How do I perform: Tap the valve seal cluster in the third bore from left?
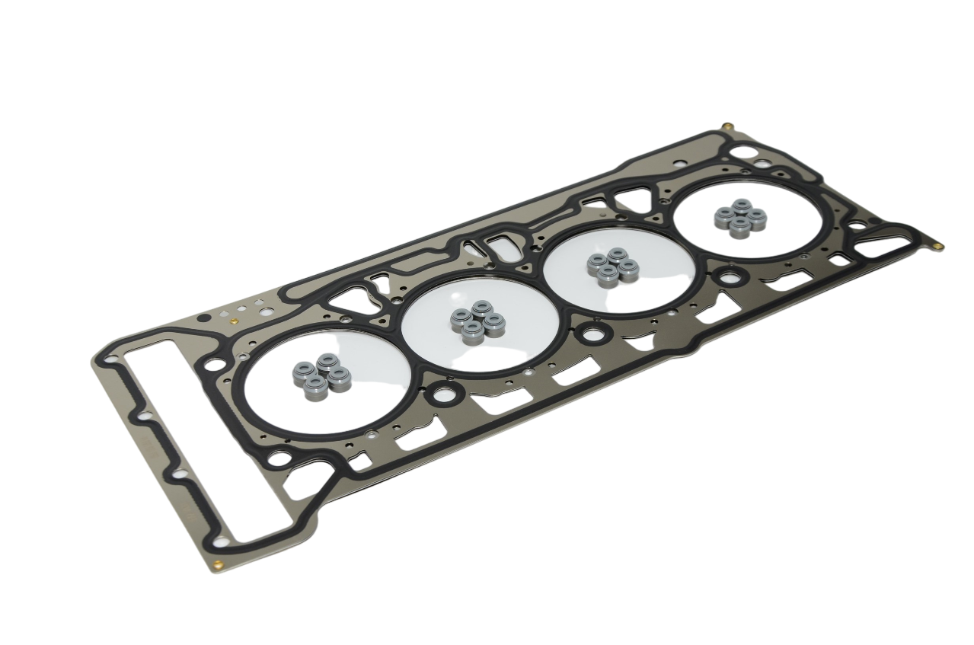[x=612, y=266]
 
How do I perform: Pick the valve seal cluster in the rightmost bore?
[x=739, y=217]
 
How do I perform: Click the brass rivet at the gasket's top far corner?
[x=727, y=126]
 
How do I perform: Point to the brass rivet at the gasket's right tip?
[x=939, y=246]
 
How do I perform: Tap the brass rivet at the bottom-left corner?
[x=219, y=565]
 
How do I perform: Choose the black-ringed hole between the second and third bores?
[x=592, y=333]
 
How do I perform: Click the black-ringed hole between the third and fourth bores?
[x=729, y=276]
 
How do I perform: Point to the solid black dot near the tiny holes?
[x=202, y=318]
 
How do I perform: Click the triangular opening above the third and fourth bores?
[x=631, y=200]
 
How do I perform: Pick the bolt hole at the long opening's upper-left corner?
[x=113, y=358]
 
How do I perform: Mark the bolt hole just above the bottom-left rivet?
[x=222, y=541]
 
